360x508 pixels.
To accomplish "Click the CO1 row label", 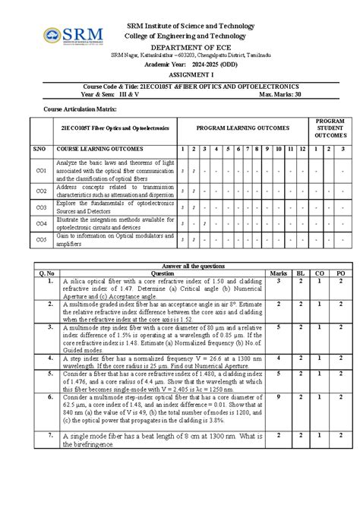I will (40, 172).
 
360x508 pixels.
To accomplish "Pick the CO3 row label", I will (40, 207).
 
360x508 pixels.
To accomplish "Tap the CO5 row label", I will (40, 239).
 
